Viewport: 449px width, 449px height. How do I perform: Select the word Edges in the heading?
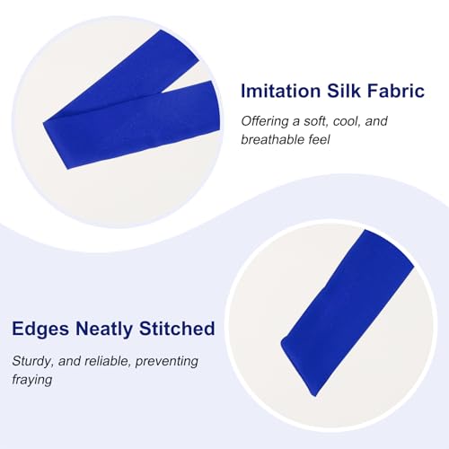click(39, 330)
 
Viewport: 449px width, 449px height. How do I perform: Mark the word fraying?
click(33, 379)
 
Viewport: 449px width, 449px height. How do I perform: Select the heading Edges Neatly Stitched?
click(113, 330)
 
